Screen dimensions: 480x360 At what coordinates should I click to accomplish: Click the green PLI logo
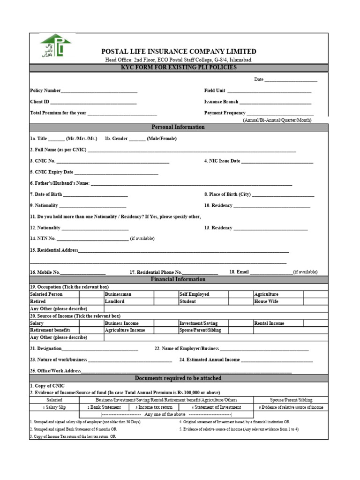tap(55, 48)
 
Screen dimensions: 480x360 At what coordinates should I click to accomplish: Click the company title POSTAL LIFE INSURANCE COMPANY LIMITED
tap(179, 52)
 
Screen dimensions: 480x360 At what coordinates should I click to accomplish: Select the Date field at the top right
tap(291, 80)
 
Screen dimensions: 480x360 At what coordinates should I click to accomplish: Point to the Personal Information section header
tap(178, 127)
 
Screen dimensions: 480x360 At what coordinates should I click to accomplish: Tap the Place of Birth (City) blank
tap(283, 195)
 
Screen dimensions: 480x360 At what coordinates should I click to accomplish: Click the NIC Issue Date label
tap(222, 161)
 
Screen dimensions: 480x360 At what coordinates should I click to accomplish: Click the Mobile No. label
tap(45, 272)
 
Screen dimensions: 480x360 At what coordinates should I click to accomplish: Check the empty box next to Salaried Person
tap(91, 294)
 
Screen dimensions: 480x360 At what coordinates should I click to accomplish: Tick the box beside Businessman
tap(165, 294)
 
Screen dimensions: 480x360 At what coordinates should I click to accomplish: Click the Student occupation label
tap(187, 301)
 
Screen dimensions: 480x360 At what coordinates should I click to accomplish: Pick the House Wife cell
tap(266, 301)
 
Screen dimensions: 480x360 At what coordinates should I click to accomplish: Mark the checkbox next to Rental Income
tap(315, 323)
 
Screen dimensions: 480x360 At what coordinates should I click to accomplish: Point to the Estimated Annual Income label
tap(210, 360)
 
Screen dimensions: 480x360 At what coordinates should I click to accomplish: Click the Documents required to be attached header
tap(178, 378)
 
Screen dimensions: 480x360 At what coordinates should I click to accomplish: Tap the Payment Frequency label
tap(225, 113)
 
